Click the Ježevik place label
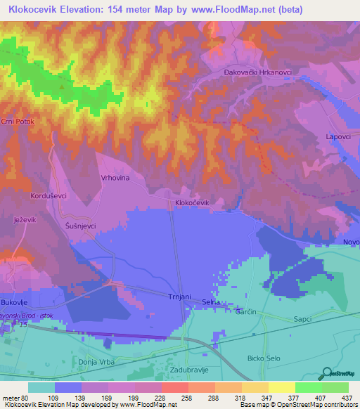pos(25,221)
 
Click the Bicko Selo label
pos(264,358)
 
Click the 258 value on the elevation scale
pos(174,397)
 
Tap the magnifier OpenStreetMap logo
pos(326,372)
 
